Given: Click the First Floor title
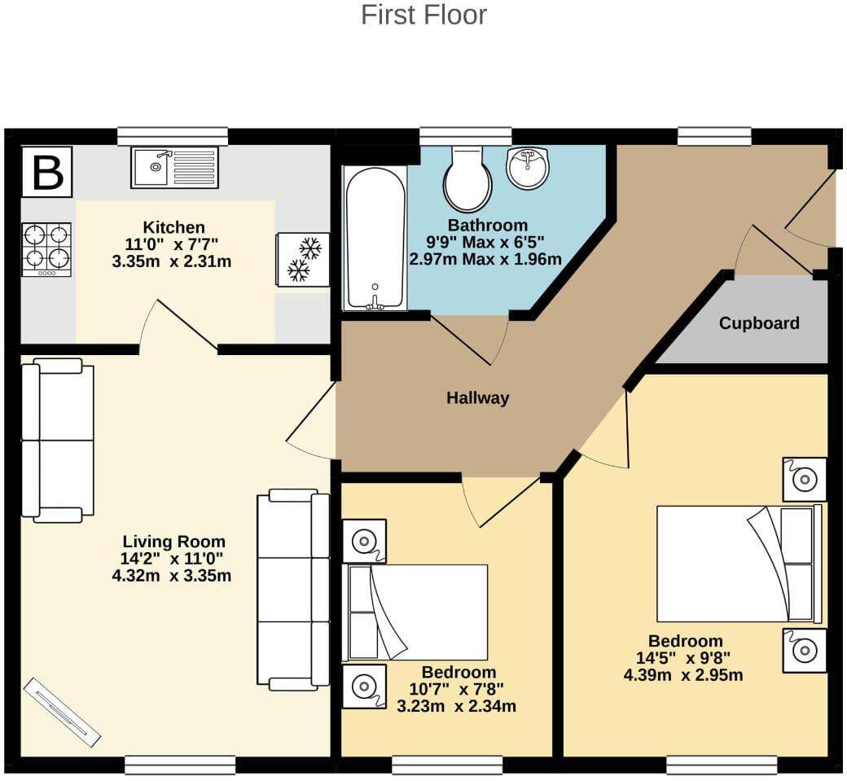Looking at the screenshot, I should [423, 15].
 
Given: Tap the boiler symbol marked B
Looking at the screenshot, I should [46, 172].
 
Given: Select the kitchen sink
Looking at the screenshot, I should [174, 167].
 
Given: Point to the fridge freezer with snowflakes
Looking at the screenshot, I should [303, 259].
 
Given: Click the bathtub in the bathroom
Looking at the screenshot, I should [375, 238].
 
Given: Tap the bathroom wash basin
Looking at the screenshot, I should [528, 168].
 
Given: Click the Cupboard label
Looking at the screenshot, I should [759, 323].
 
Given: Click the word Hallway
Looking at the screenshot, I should [477, 398].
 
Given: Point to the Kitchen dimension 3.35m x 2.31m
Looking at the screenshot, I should [172, 262].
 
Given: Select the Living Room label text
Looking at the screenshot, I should [173, 542].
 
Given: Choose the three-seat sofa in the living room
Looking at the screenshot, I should [292, 590].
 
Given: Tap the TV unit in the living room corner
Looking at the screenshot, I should [62, 712].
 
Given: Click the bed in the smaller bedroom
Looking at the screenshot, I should [418, 612].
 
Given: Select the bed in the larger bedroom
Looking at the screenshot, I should [738, 564].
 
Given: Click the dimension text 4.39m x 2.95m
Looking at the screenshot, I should [683, 675].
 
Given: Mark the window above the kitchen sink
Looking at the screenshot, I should [172, 136].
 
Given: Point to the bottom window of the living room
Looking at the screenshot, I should [180, 765].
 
